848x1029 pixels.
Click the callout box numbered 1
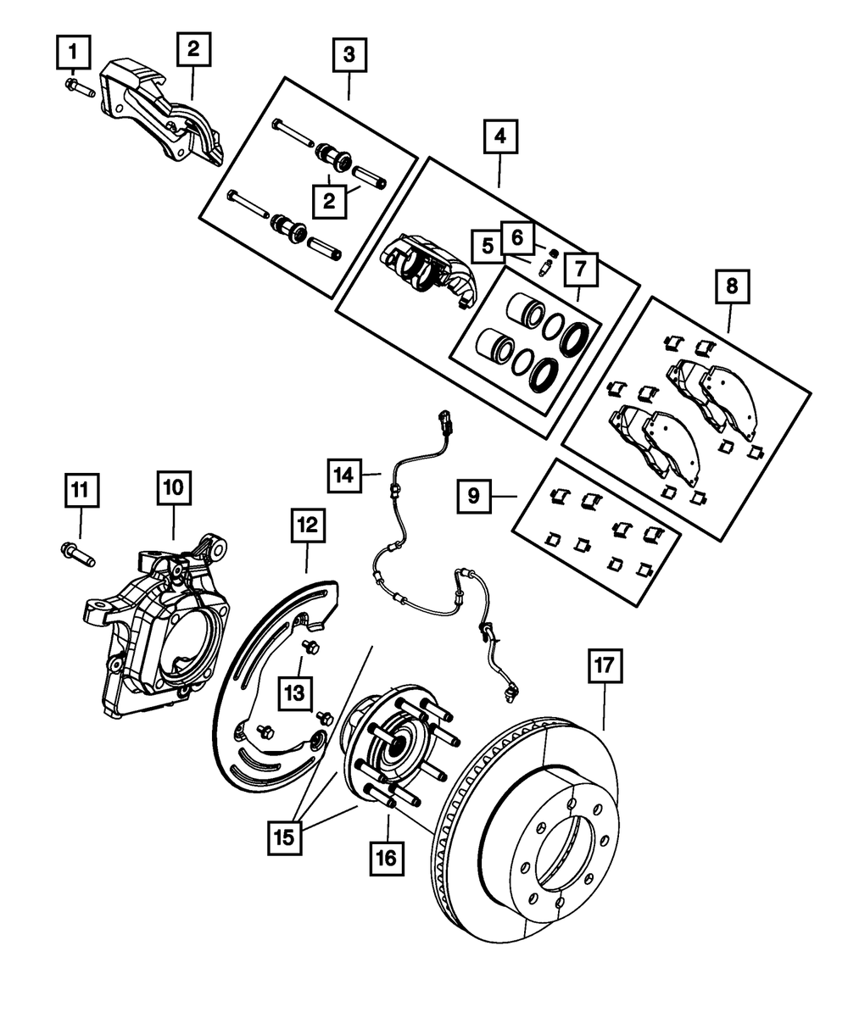(74, 52)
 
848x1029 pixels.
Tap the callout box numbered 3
(349, 55)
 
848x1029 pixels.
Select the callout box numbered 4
(500, 136)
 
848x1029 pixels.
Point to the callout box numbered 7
(581, 270)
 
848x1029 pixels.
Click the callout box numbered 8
(732, 286)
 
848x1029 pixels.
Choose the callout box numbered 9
(474, 496)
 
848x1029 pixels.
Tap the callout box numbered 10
(174, 488)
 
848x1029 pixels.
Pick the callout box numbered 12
(308, 526)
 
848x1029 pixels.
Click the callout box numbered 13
(295, 693)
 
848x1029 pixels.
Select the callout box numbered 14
(344, 476)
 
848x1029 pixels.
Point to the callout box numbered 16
(387, 859)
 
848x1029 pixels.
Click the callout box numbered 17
(605, 665)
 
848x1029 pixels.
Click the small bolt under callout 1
(80, 88)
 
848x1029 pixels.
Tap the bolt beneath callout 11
(77, 555)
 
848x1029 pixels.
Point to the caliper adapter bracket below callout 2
(163, 114)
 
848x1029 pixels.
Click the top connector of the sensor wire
(447, 422)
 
